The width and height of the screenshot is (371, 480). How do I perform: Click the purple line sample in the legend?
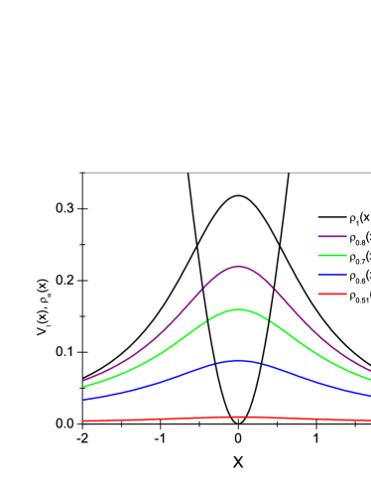tap(332, 237)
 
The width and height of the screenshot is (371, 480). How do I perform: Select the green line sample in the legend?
tap(332, 256)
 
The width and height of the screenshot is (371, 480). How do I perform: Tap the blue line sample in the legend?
tap(332, 275)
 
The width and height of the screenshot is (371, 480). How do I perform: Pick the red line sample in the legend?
tap(332, 294)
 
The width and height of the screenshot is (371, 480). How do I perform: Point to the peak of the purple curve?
tap(238, 267)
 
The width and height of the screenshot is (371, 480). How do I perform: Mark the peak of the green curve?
tap(238, 310)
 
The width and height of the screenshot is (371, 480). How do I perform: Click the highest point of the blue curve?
tap(238, 361)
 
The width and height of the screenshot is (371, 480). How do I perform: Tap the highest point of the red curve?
tap(238, 418)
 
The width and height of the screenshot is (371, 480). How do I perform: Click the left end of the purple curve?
tap(83, 381)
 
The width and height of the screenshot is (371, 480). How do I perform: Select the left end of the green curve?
tap(83, 387)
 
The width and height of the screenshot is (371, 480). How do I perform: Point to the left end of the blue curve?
tap(83, 400)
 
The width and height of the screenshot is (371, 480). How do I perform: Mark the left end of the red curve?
tap(83, 421)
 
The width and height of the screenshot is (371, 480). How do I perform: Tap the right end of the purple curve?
tap(369, 371)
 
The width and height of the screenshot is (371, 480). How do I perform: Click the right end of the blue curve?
tap(369, 396)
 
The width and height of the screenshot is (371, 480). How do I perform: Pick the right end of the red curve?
tap(369, 420)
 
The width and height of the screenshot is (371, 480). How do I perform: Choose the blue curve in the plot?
tap(159, 382)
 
